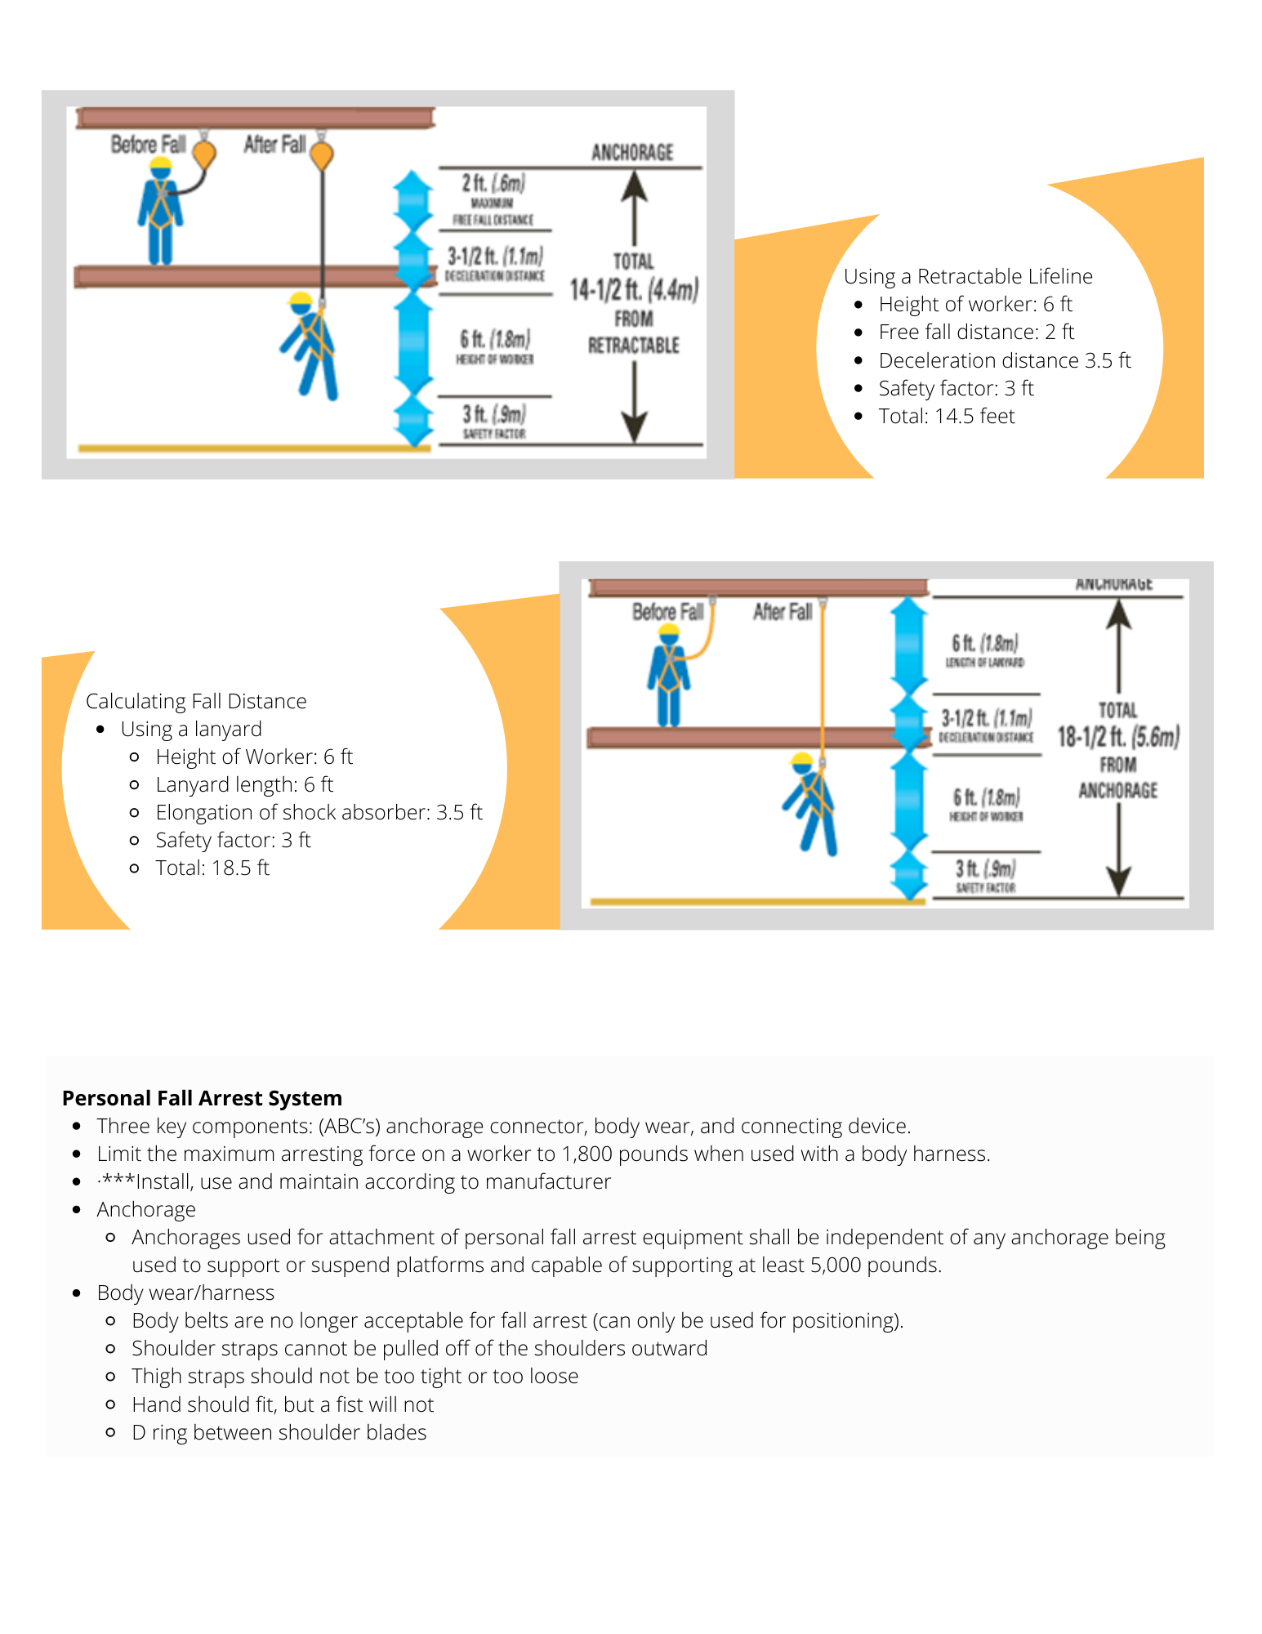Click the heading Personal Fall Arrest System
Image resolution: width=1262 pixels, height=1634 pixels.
click(202, 1098)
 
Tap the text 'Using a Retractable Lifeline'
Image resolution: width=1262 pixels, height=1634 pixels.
click(967, 276)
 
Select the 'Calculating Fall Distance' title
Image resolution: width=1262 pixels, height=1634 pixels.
click(196, 701)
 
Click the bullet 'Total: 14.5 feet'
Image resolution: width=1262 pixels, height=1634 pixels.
click(946, 416)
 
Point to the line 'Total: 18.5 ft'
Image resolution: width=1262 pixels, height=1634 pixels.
click(212, 868)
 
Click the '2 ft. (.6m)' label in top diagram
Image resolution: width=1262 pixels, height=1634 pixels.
click(493, 183)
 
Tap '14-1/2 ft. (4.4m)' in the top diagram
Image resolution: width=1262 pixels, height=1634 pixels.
click(634, 289)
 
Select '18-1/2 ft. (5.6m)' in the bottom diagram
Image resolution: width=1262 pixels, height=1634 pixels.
click(1117, 736)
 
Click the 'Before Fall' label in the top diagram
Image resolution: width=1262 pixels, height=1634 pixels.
click(148, 145)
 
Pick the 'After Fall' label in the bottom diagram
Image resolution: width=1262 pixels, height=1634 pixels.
click(782, 612)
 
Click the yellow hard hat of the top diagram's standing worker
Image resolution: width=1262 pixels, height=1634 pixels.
click(161, 163)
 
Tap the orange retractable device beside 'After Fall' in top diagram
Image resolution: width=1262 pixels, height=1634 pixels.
click(323, 154)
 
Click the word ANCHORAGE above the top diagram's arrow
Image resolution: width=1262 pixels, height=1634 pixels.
click(632, 153)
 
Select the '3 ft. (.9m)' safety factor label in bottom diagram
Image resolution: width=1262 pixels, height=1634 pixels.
click(985, 868)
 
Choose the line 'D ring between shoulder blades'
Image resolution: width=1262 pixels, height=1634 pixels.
click(279, 1432)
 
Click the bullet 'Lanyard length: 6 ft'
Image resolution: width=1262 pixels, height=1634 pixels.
click(244, 784)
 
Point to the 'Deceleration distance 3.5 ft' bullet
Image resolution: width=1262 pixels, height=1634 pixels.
click(1004, 360)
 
